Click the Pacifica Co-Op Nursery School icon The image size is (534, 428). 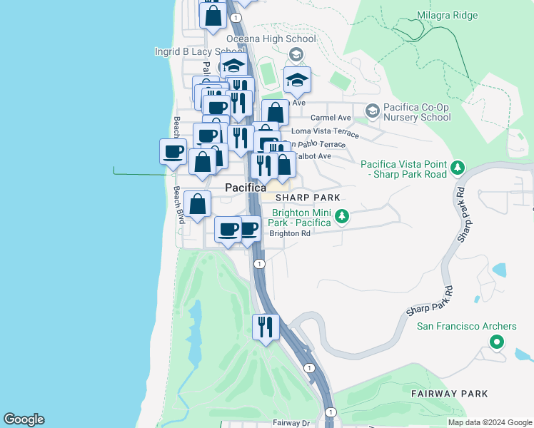(x=372, y=111)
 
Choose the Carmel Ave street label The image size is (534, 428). (x=331, y=118)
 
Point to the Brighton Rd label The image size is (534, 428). (x=289, y=233)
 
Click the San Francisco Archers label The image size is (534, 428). (x=466, y=327)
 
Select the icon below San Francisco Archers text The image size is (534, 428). (x=495, y=342)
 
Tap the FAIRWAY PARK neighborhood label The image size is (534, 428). (x=449, y=393)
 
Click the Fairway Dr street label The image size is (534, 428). (x=291, y=423)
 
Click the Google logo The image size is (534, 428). (x=24, y=419)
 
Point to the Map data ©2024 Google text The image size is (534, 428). (x=490, y=422)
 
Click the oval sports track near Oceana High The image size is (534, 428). (x=268, y=72)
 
